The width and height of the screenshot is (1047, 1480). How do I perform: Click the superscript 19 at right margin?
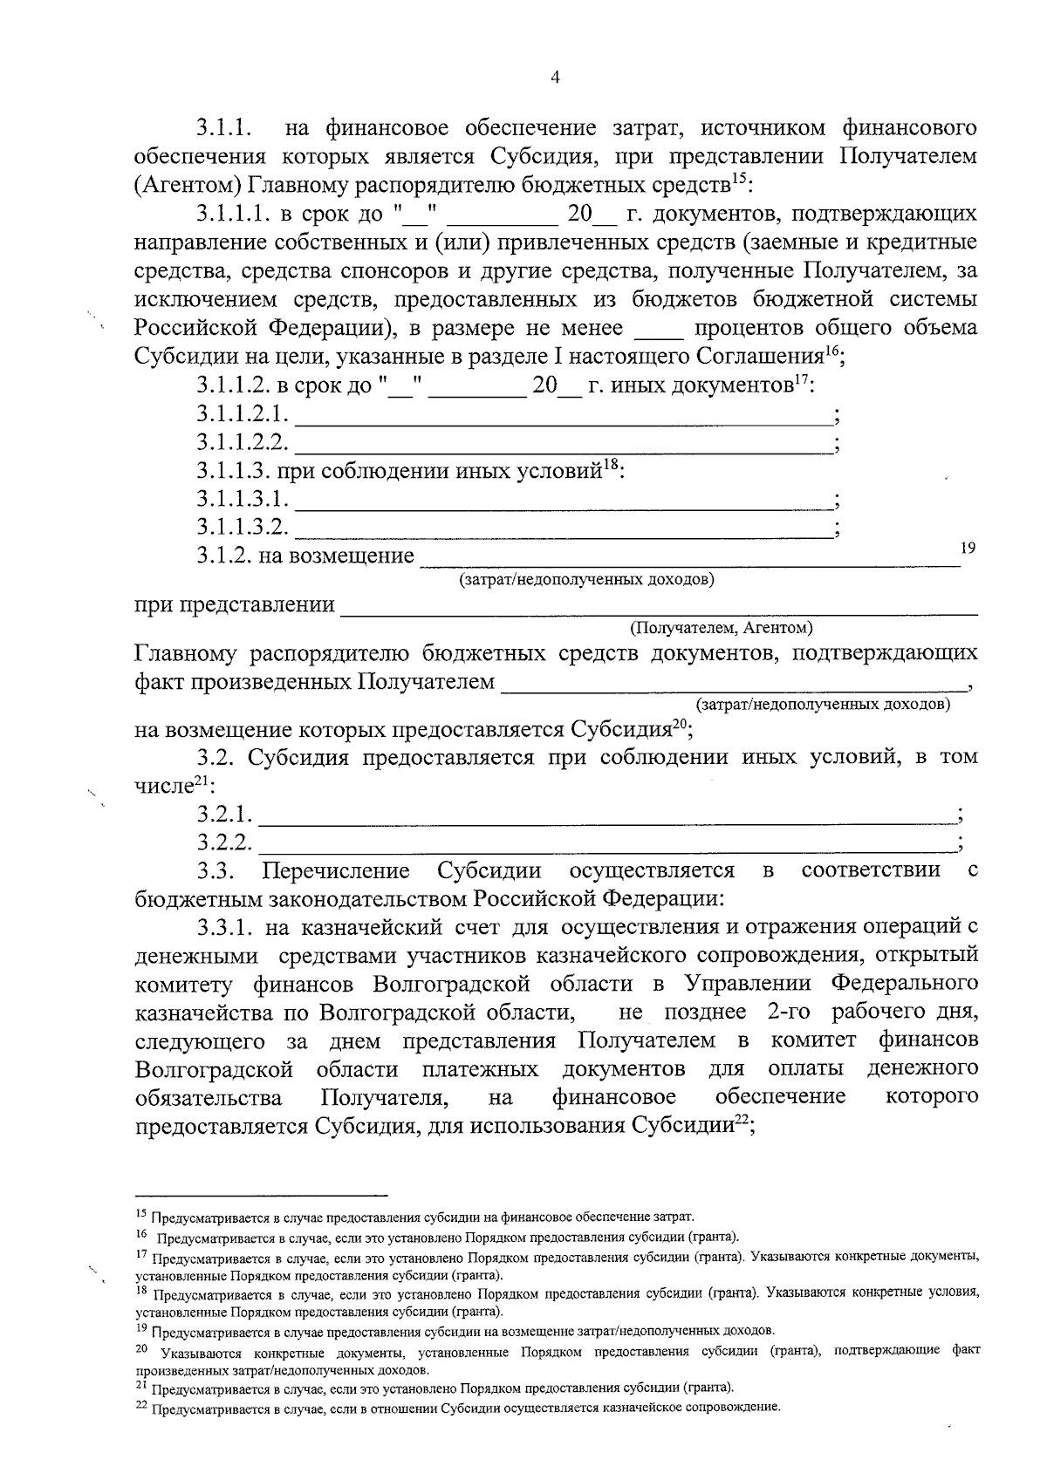(967, 547)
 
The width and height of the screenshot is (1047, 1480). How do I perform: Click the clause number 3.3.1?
(222, 926)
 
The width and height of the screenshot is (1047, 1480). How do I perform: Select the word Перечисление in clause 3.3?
(336, 871)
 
